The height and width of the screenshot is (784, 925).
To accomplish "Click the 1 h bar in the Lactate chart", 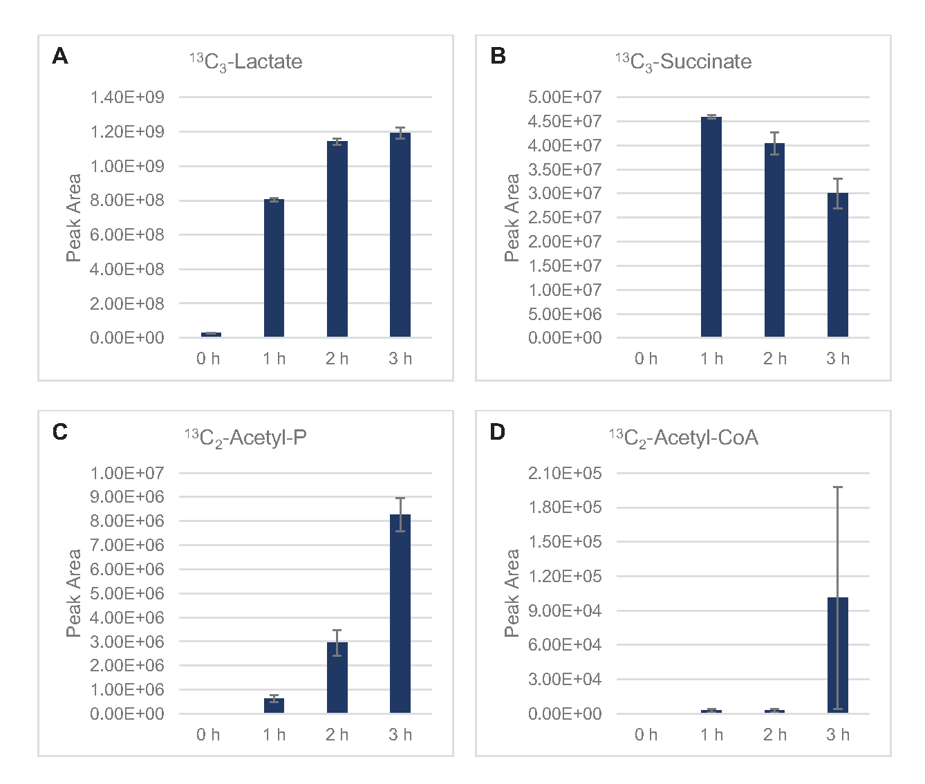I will click(x=274, y=268).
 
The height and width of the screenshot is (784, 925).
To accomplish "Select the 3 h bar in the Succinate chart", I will click(x=837, y=265).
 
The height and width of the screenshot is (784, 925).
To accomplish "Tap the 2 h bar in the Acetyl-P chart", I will click(x=337, y=678).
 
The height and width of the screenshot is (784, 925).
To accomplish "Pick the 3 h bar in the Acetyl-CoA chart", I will click(x=837, y=655).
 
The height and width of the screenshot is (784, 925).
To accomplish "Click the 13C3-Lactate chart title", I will click(x=246, y=62).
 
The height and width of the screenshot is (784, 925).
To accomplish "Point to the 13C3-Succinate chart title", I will click(x=683, y=62).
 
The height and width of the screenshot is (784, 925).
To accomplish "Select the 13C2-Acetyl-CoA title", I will click(x=683, y=438).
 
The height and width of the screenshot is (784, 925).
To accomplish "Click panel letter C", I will click(x=60, y=432).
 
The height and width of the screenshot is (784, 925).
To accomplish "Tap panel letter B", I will click(x=498, y=56).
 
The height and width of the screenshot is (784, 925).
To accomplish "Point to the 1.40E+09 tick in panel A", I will click(x=127, y=97).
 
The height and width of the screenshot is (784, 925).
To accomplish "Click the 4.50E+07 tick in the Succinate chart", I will click(x=565, y=121).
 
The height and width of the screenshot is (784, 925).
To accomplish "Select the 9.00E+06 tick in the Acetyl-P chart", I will click(x=127, y=497).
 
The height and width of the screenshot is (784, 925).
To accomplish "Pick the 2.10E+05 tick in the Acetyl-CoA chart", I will click(x=565, y=473).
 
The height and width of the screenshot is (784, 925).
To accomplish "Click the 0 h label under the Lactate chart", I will click(x=208, y=359).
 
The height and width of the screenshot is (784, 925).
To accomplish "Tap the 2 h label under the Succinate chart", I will click(x=774, y=359).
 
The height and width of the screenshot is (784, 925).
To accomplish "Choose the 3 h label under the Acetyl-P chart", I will click(x=400, y=735).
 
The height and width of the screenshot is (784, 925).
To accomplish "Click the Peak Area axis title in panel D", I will click(x=512, y=593).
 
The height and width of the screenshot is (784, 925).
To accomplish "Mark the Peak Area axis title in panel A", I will click(x=73, y=218).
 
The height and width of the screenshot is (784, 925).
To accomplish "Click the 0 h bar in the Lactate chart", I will click(x=211, y=335).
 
